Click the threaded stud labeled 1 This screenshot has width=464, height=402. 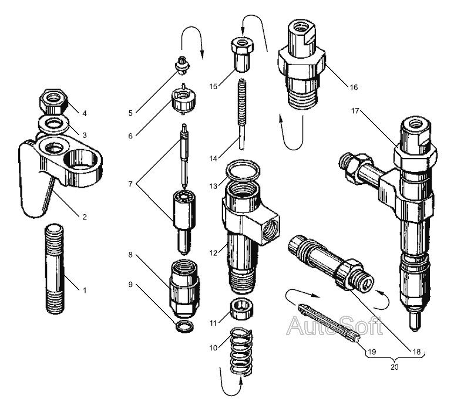coord(56,271)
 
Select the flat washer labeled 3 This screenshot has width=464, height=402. coord(53,124)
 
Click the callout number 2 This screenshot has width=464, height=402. coord(84,217)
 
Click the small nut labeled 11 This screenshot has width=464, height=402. coord(239,308)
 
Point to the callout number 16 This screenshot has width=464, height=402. coord(354,87)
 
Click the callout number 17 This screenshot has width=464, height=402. coord(355,111)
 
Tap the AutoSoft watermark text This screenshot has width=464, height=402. coord(334,326)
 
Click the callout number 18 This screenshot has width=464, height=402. coord(417,352)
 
